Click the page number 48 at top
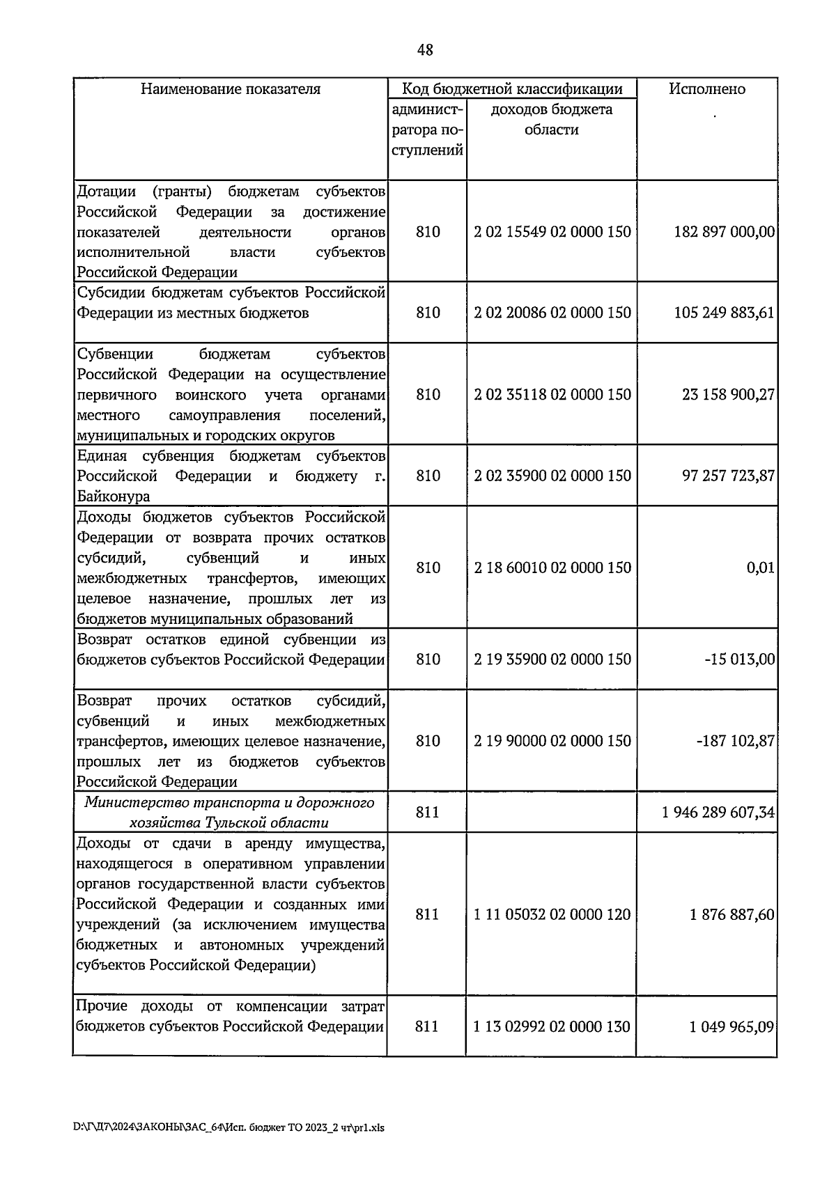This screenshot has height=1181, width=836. tap(425, 49)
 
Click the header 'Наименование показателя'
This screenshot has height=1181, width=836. tap(231, 89)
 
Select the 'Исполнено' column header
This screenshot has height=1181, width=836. tap(706, 89)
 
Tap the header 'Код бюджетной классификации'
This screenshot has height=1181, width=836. tap(512, 89)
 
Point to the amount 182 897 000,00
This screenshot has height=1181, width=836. tap(724, 232)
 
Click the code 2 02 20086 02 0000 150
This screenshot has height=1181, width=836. tap(552, 313)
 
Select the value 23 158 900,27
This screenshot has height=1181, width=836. tap(728, 395)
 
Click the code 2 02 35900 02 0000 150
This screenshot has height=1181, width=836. tap(552, 476)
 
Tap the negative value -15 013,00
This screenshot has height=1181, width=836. tap(739, 659)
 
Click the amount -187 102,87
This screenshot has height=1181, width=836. tap(735, 741)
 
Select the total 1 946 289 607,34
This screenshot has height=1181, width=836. tap(718, 813)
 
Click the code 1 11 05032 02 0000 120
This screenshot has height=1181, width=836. tap(552, 915)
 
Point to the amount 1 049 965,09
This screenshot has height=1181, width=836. tap(731, 1027)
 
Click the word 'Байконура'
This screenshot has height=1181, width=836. tap(113, 497)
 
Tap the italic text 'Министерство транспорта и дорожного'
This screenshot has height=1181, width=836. tap(230, 803)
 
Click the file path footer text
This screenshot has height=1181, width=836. tap(229, 1128)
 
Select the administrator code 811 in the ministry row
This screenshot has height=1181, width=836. tap(427, 813)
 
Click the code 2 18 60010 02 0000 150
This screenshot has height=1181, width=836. tap(552, 568)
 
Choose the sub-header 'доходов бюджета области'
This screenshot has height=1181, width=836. tap(551, 120)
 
